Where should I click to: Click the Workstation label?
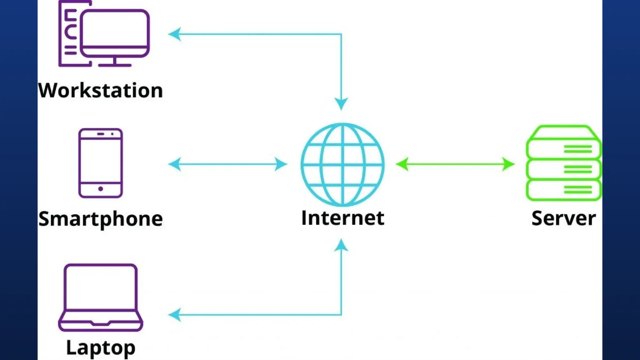coord(100,91)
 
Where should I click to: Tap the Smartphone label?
coord(100,219)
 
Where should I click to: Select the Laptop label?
coord(101,347)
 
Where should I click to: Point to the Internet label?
coord(342,218)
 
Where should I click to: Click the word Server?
coord(563,218)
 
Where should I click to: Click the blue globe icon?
coord(342,164)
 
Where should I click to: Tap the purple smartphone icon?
coord(100,163)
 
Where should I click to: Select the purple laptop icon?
coord(101,297)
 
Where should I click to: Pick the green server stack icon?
coord(564,163)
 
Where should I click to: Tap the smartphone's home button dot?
coord(100,189)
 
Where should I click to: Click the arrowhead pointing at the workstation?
coord(175,34)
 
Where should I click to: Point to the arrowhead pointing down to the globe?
coord(341,103)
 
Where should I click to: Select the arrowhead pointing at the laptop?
coord(175,315)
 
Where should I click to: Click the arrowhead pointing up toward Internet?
coord(341,246)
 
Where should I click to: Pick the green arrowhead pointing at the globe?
coord(402,164)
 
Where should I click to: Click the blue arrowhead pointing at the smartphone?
coord(175,164)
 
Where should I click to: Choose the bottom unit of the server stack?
coord(564,190)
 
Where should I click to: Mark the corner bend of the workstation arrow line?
coord(341,34)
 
